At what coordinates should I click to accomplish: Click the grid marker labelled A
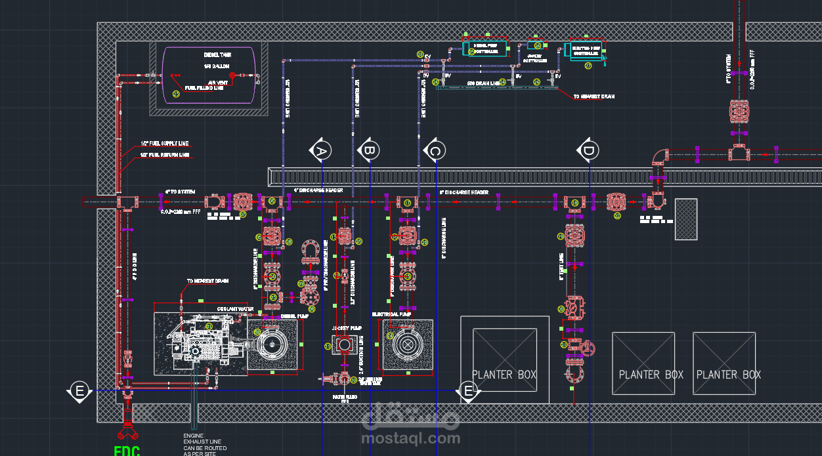321,151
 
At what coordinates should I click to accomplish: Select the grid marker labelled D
588,151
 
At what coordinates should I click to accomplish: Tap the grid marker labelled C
435,151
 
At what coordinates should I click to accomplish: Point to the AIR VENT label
217,83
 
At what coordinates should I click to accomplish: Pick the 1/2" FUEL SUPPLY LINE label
164,144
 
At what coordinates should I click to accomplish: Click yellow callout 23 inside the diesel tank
176,94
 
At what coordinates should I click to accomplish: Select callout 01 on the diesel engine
209,326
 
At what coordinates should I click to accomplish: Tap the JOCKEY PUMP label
347,327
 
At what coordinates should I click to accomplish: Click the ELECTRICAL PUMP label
391,314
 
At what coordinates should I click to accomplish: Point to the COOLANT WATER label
235,308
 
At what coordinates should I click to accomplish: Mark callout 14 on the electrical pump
390,336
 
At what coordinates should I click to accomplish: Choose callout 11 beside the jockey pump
328,346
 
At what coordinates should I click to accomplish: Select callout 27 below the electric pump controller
588,66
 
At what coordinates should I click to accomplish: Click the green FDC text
127,450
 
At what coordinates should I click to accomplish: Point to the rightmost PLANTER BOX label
728,375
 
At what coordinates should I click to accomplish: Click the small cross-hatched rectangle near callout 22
685,218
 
